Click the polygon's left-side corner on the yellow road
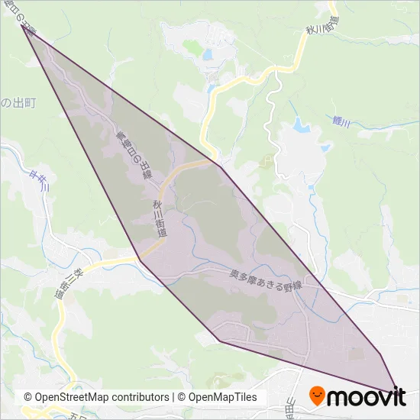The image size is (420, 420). (x=140, y=259)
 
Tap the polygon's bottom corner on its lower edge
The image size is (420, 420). (x=219, y=341)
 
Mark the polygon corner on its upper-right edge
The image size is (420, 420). (x=220, y=166)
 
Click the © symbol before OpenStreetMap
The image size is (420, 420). (x=28, y=398)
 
